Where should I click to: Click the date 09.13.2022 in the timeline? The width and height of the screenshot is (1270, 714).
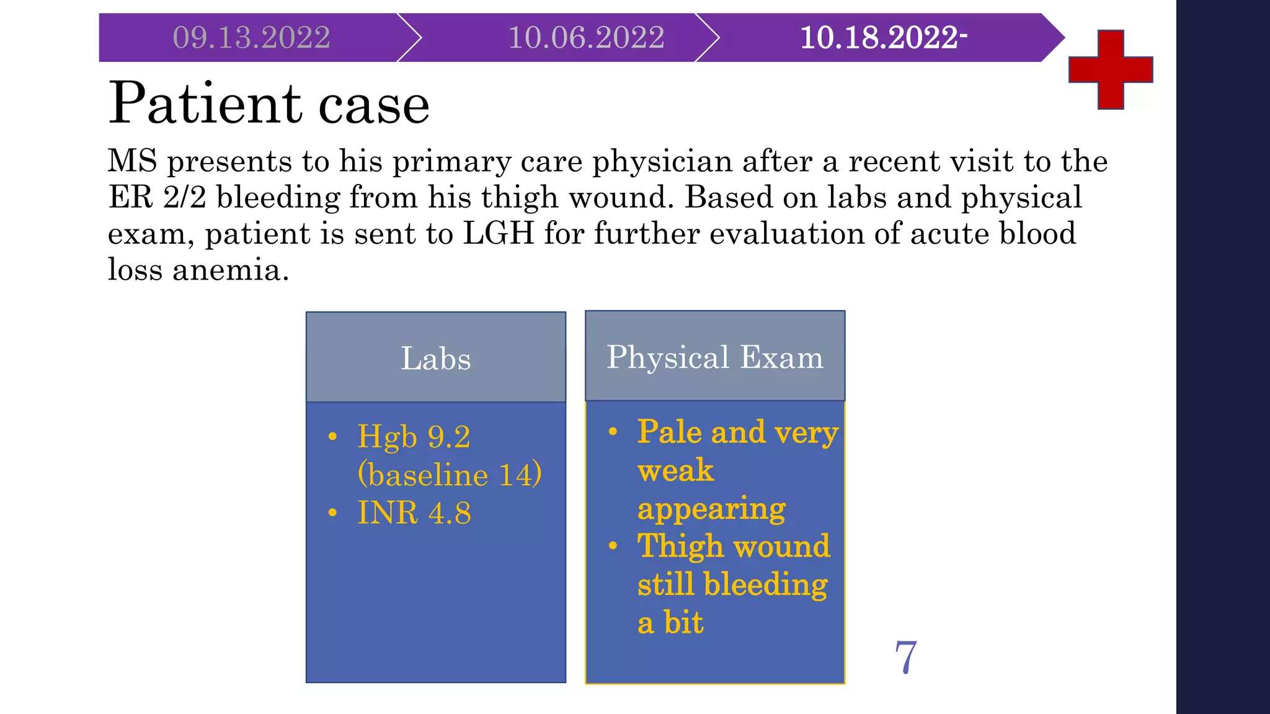click(x=251, y=38)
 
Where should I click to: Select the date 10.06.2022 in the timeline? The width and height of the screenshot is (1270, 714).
click(x=586, y=38)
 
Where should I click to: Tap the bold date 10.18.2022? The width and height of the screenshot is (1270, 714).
click(x=882, y=38)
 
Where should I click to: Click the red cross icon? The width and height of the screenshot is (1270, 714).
click(x=1111, y=69)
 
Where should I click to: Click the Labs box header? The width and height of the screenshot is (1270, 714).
click(x=435, y=358)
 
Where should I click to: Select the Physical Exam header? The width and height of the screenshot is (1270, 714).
click(x=714, y=358)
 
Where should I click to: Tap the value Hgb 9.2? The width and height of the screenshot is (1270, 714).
click(x=414, y=437)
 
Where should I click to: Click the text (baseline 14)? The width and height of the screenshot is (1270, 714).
click(x=450, y=475)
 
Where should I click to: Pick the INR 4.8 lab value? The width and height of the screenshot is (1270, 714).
click(x=414, y=513)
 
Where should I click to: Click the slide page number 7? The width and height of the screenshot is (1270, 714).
click(x=905, y=657)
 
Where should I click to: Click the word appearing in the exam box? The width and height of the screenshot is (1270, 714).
click(x=711, y=509)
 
